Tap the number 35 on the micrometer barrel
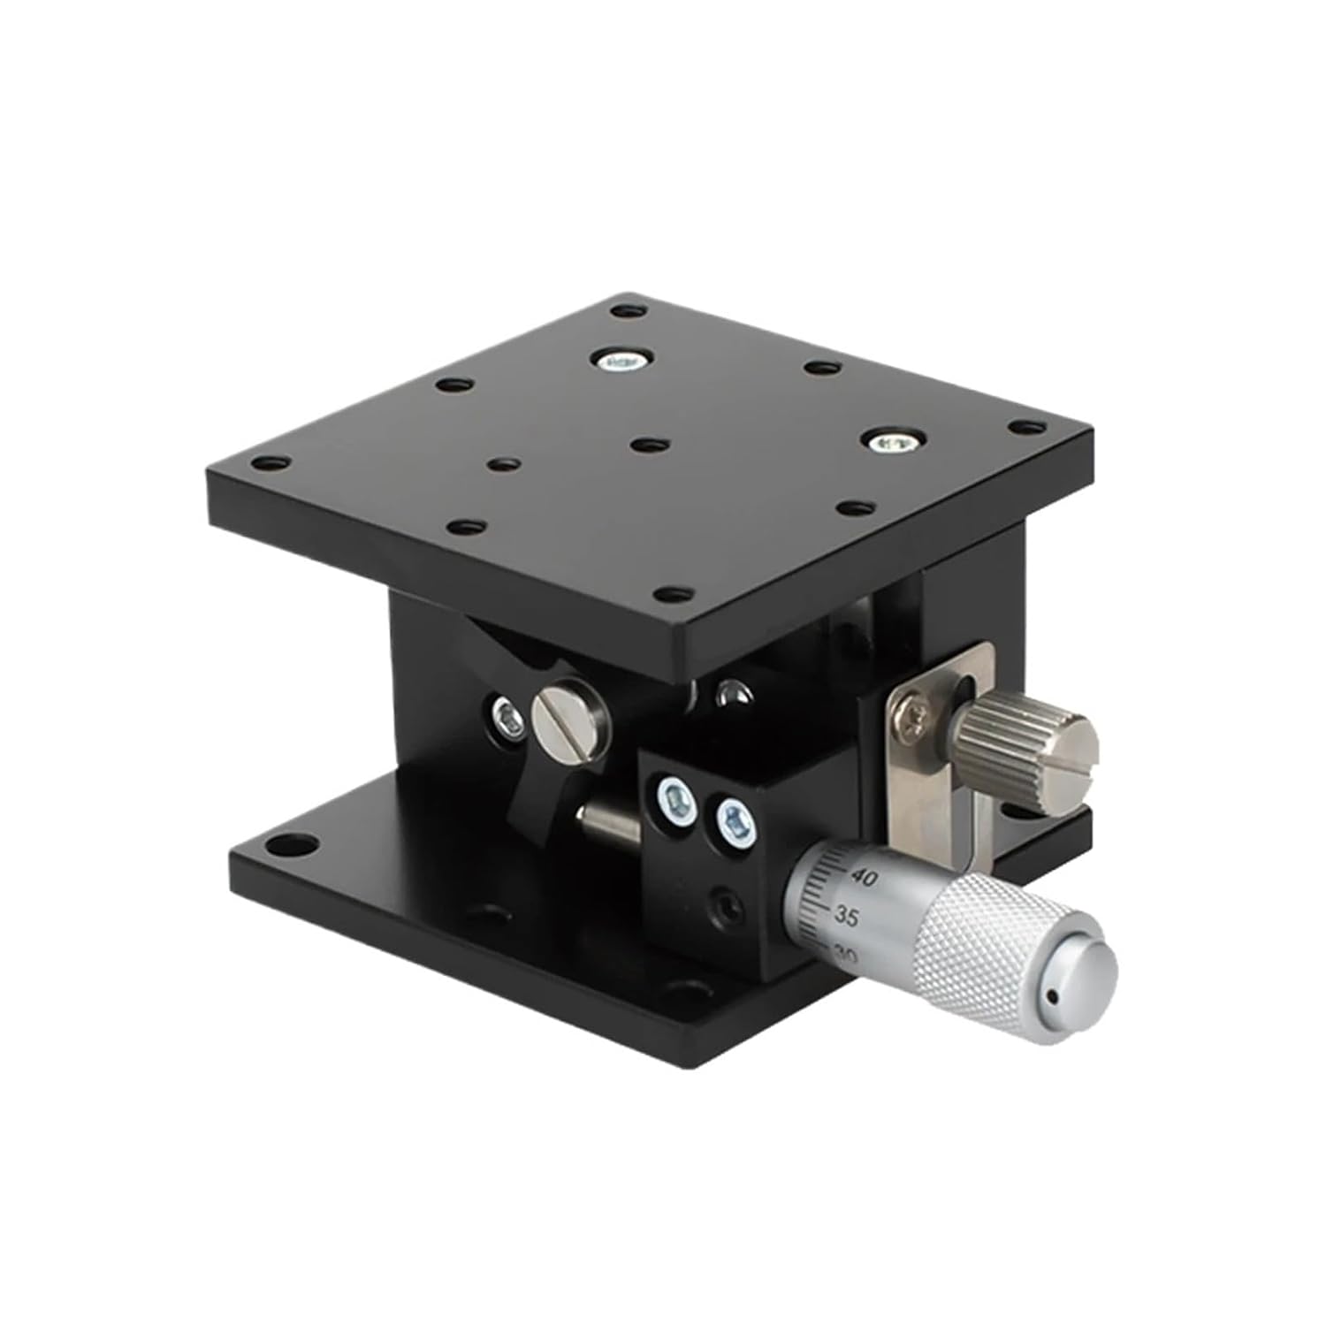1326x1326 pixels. pos(846,917)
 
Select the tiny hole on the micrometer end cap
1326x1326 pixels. pos(1052,997)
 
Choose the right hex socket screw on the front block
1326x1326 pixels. pos(733,824)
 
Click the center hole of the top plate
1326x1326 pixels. pos(651,444)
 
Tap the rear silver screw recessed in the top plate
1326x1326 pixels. pos(621,359)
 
